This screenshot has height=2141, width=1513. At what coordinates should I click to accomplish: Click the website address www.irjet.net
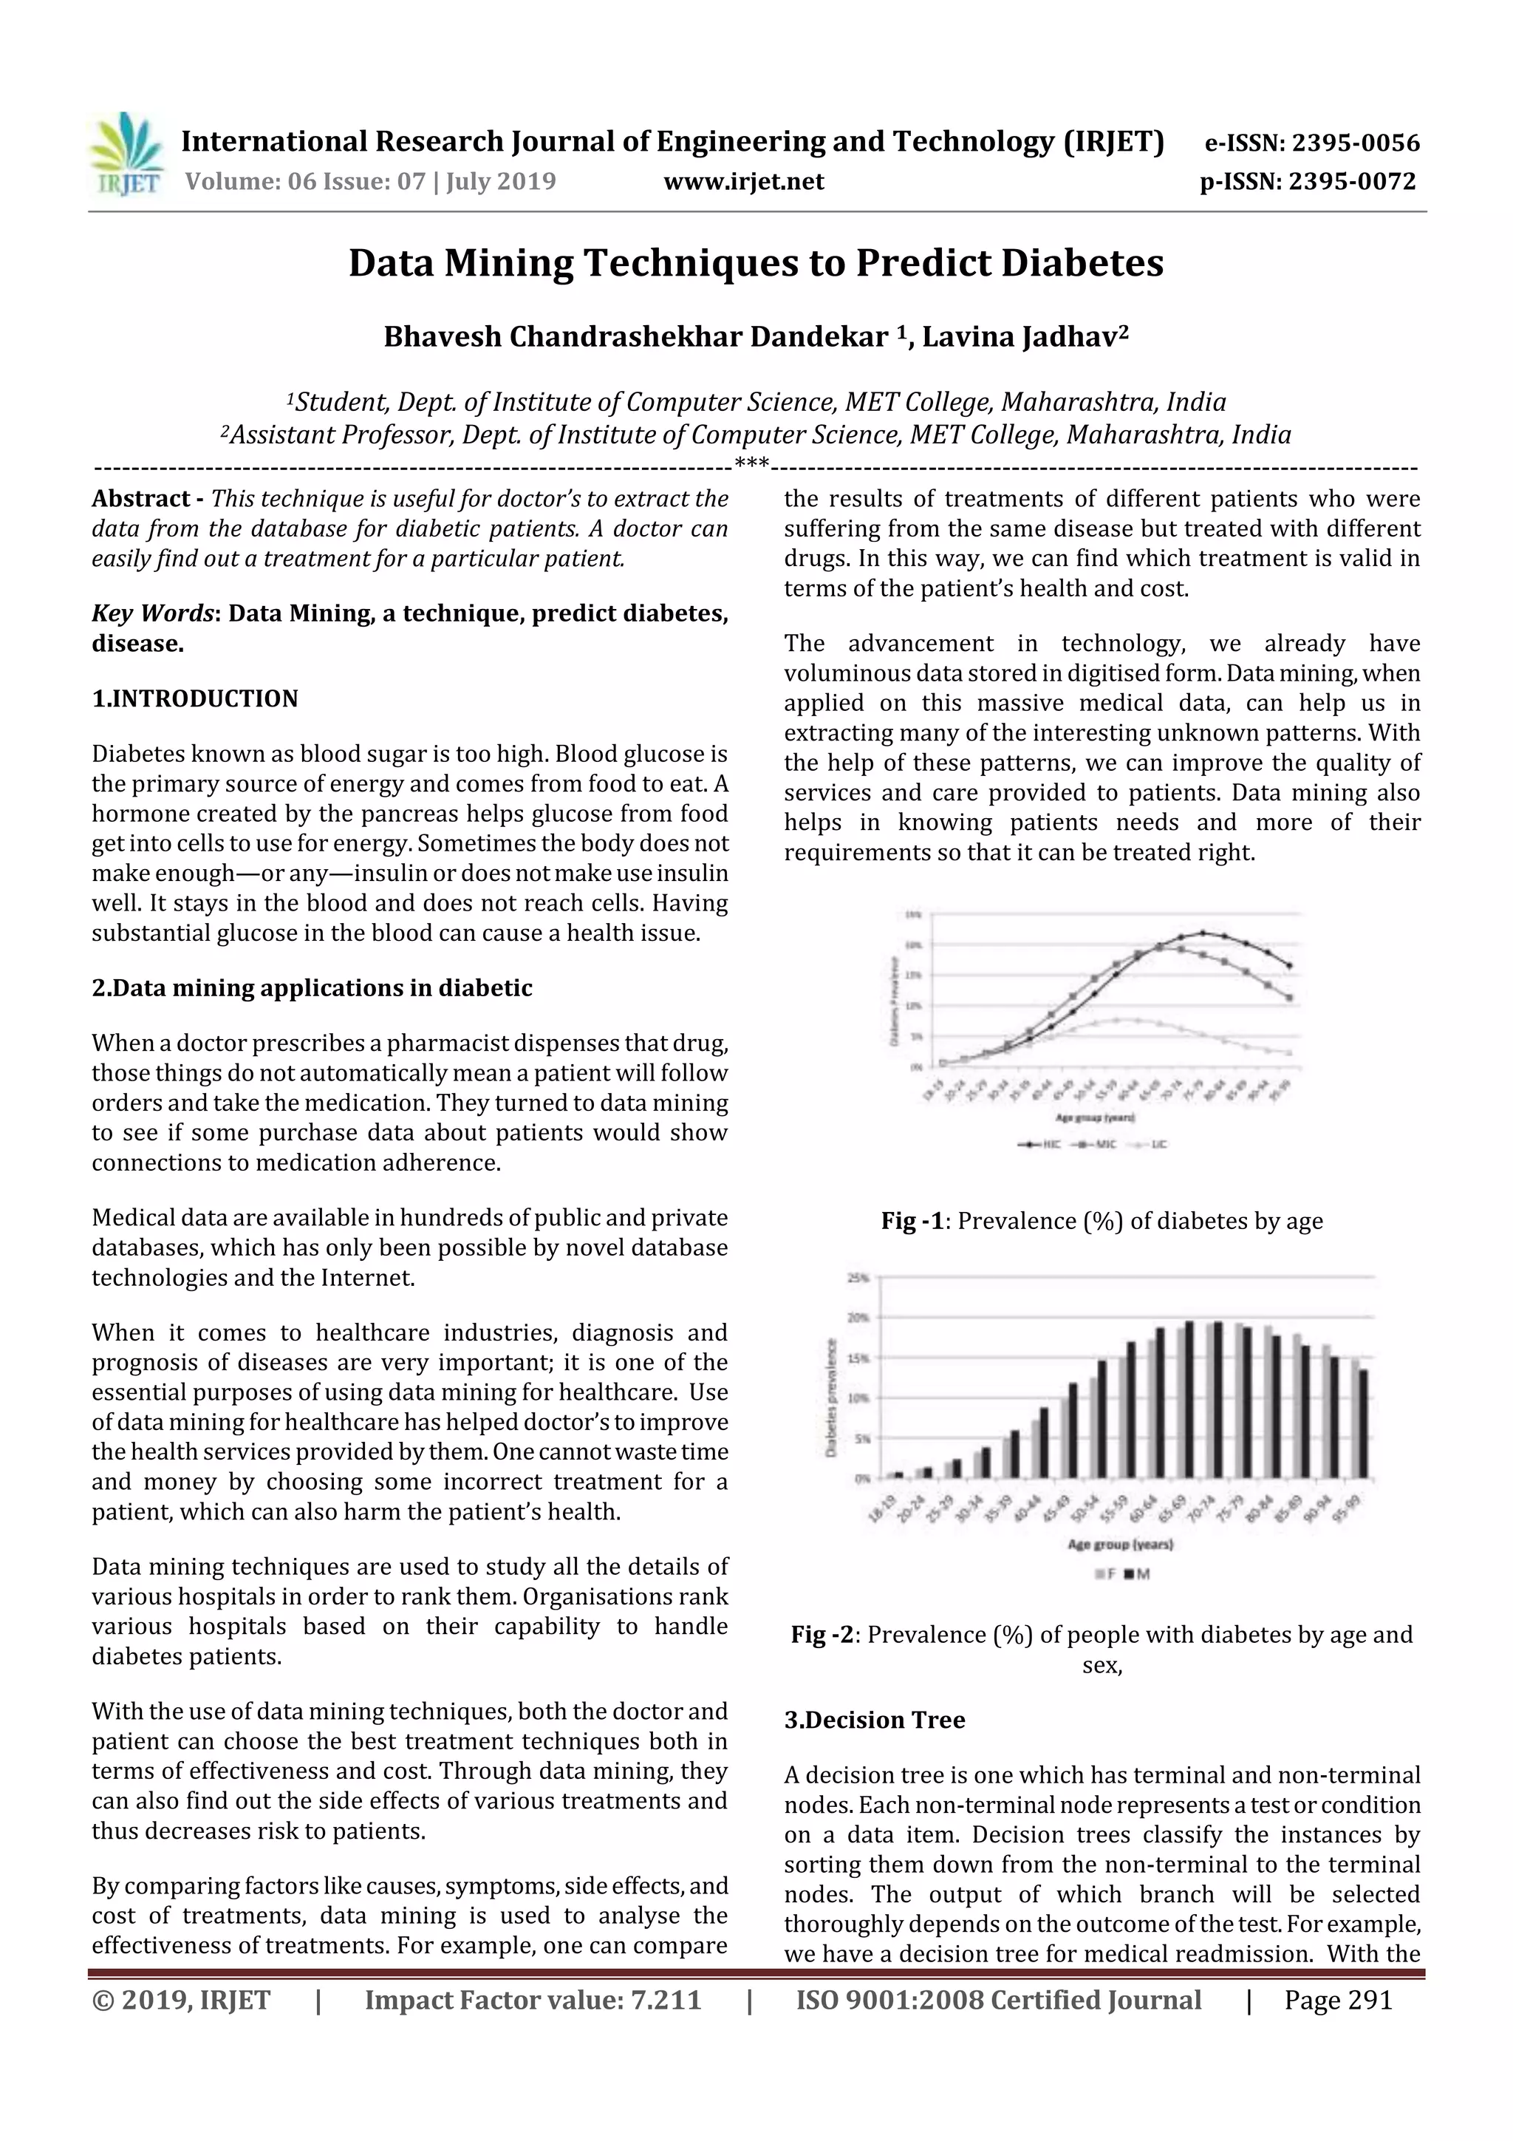click(743, 181)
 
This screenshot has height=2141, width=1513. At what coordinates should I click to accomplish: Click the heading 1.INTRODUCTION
click(195, 698)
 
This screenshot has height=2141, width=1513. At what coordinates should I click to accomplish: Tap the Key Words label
click(153, 613)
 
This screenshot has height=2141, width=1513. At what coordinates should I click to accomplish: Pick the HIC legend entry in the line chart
click(1036, 1144)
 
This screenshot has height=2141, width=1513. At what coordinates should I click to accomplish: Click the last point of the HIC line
click(1289, 965)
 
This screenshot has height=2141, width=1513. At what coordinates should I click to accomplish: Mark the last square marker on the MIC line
click(1289, 998)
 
